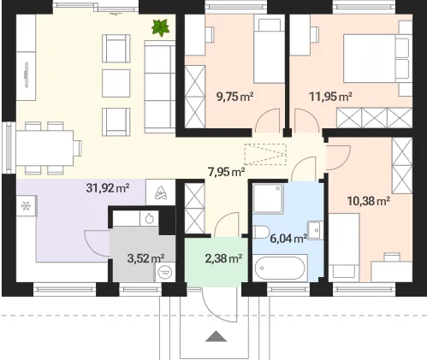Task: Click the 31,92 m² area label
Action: point(108,188)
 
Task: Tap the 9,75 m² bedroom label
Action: point(235,97)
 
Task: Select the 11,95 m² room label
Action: point(330,97)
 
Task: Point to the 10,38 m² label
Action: point(369,201)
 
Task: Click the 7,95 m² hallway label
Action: point(227,172)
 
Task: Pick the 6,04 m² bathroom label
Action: point(288,239)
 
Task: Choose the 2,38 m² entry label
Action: point(223,258)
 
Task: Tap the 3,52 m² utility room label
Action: point(145,258)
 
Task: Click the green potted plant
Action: point(161,28)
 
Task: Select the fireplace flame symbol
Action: point(161,192)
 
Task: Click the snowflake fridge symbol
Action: point(26,206)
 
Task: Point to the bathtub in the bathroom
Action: point(280,269)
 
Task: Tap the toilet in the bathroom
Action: point(261,232)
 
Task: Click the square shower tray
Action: point(268,198)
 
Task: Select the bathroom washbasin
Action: point(316,230)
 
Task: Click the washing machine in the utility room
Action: point(165,272)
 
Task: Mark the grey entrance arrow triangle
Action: point(216,336)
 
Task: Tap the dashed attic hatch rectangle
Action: point(265,154)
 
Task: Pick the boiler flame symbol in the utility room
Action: point(149,218)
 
